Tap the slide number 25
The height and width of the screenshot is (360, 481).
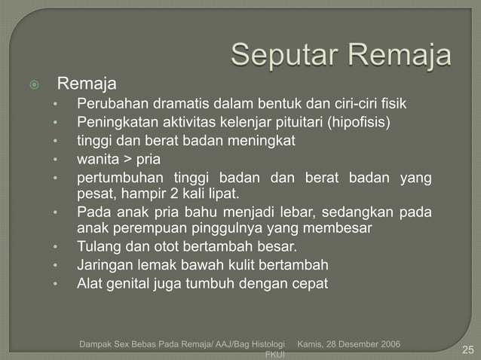[x=467, y=349]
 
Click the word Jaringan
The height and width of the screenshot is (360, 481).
[x=103, y=265]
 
